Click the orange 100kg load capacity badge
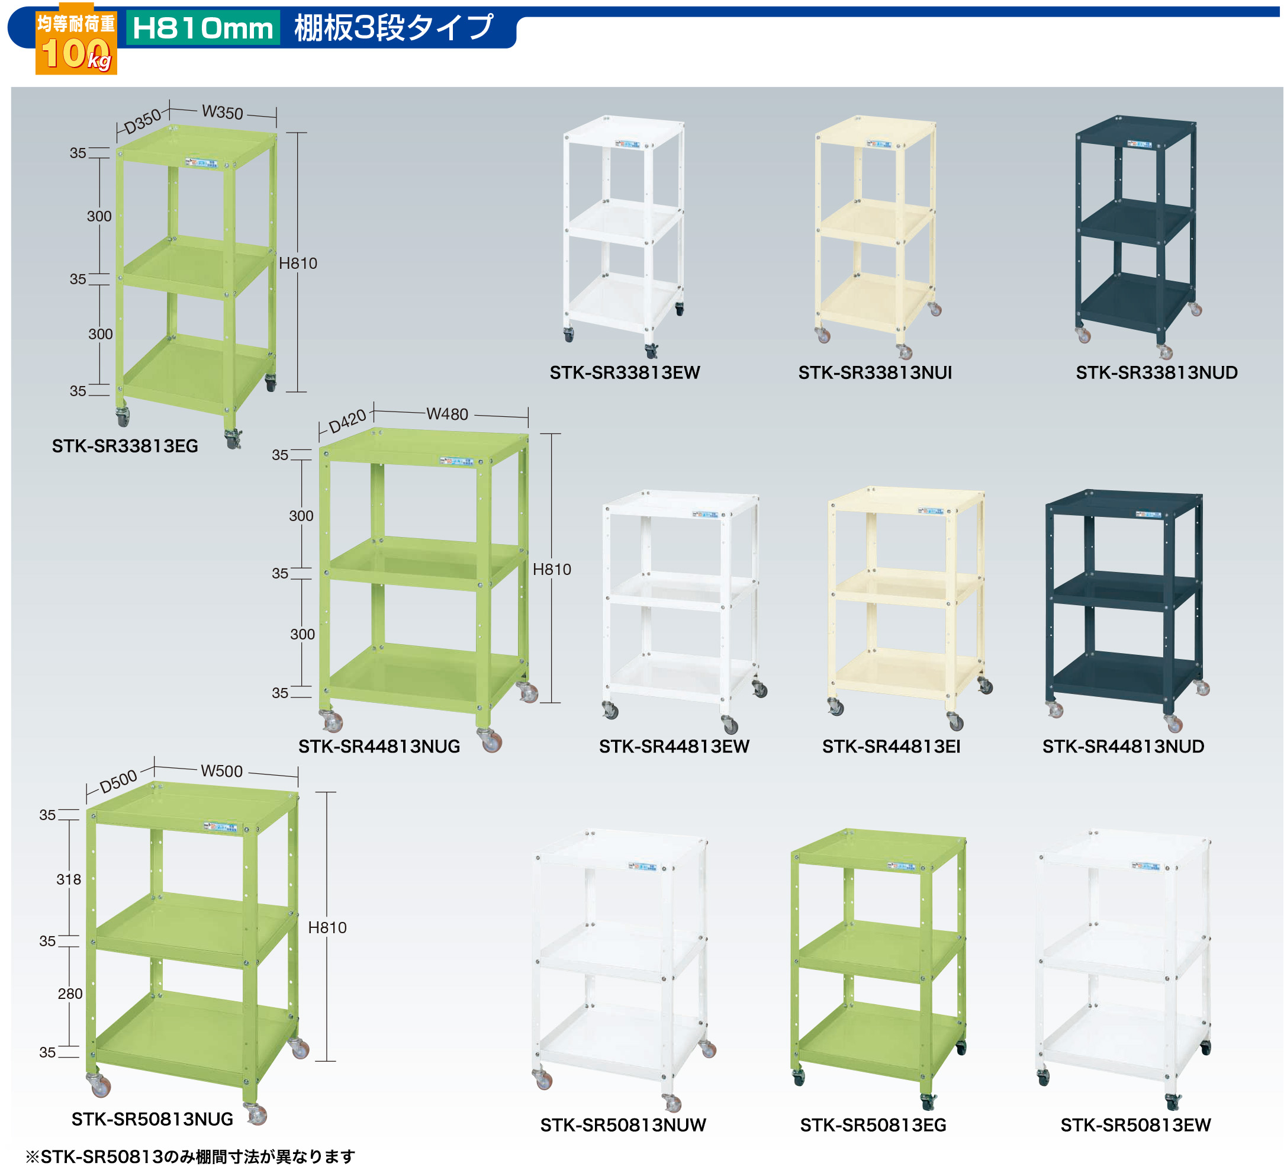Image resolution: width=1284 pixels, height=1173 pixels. pyautogui.click(x=76, y=43)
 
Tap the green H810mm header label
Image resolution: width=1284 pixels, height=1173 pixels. pyautogui.click(x=202, y=28)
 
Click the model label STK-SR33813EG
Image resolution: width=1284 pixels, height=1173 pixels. pyautogui.click(x=125, y=446)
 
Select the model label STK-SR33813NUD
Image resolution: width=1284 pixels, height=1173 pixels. pyautogui.click(x=1156, y=372)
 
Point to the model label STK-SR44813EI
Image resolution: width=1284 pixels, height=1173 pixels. pyautogui.click(x=890, y=746)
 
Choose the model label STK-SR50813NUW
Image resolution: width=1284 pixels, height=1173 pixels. pyautogui.click(x=622, y=1125)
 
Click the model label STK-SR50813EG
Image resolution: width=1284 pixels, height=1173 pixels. pyautogui.click(x=873, y=1125)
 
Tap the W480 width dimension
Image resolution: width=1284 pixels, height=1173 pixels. pyautogui.click(x=447, y=414)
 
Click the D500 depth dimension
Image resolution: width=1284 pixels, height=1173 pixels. pyautogui.click(x=118, y=780)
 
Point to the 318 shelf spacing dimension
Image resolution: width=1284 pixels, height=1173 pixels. pyautogui.click(x=69, y=879)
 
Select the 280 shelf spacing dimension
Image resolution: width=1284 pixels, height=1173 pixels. pyautogui.click(x=70, y=994)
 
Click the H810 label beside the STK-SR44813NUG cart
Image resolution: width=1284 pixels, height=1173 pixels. pyautogui.click(x=552, y=569)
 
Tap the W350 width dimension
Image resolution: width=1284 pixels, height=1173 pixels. pyautogui.click(x=222, y=112)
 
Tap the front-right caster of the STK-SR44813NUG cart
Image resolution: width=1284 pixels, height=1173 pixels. pyautogui.click(x=490, y=740)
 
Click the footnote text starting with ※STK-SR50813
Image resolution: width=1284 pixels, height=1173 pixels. pyautogui.click(x=190, y=1156)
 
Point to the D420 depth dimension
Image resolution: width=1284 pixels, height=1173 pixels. pyautogui.click(x=347, y=421)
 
